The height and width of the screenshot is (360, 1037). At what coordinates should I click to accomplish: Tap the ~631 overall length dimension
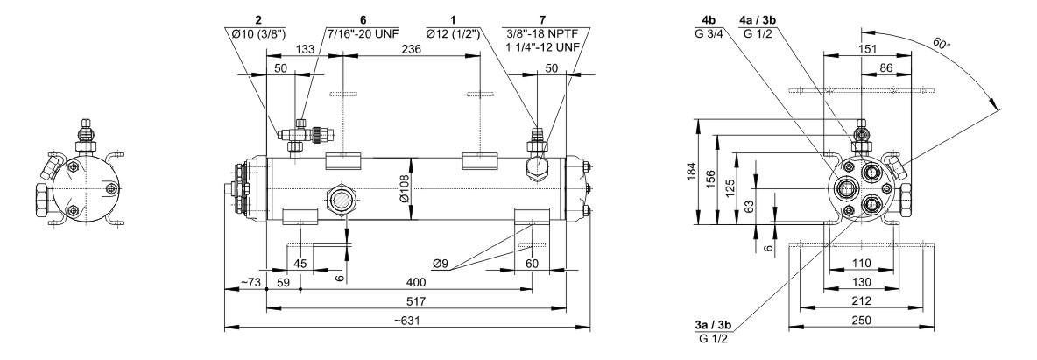[x=406, y=320]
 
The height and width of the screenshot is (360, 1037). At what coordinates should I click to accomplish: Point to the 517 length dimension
[x=416, y=300]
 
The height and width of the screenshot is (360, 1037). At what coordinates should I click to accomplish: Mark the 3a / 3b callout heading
[x=712, y=325]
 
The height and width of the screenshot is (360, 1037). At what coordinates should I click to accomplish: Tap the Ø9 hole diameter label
[x=443, y=264]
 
